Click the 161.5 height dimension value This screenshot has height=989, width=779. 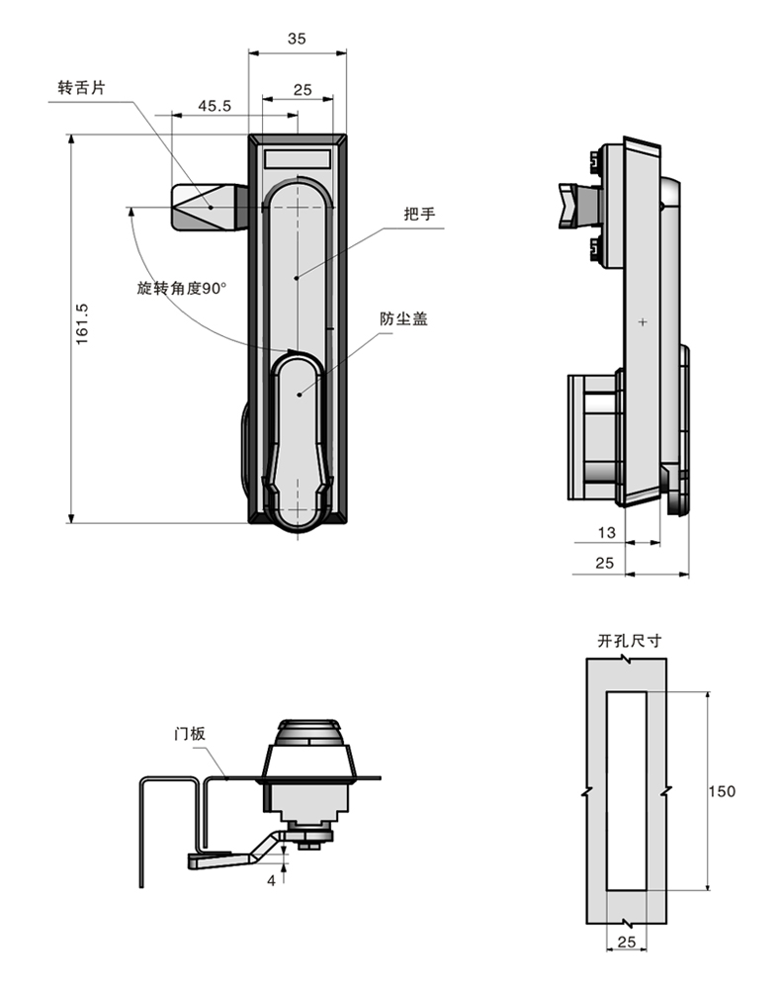(x=83, y=324)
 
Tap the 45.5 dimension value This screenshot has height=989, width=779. (x=215, y=106)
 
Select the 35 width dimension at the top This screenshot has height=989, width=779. (x=297, y=39)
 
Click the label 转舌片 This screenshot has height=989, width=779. (x=81, y=88)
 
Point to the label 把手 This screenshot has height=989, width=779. (x=419, y=214)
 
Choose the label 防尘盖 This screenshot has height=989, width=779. (x=403, y=318)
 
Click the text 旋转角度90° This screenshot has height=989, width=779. (x=182, y=288)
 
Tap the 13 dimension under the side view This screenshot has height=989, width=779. (x=606, y=533)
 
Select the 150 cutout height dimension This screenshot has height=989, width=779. (x=722, y=791)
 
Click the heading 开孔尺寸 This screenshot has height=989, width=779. (x=629, y=641)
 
